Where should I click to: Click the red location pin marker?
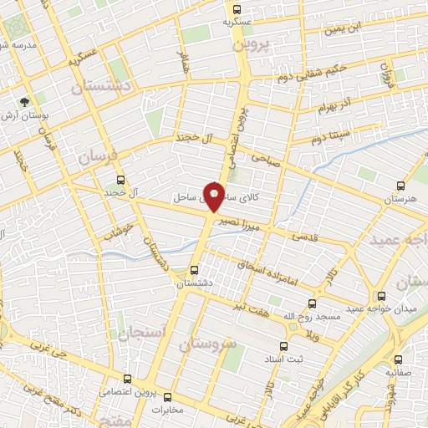[x=215, y=196]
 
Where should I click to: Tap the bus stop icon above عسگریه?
[x=235, y=9]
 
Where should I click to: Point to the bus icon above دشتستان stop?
[x=194, y=270]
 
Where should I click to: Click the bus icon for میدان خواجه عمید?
[x=382, y=296]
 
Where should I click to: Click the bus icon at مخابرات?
[x=167, y=397]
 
